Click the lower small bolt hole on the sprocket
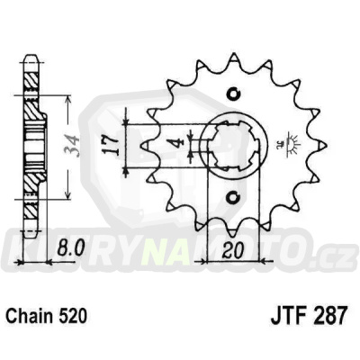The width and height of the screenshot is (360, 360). (x=235, y=194)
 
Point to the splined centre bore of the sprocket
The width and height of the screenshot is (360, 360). (x=235, y=143)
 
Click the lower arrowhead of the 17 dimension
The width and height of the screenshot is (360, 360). (x=130, y=171)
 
